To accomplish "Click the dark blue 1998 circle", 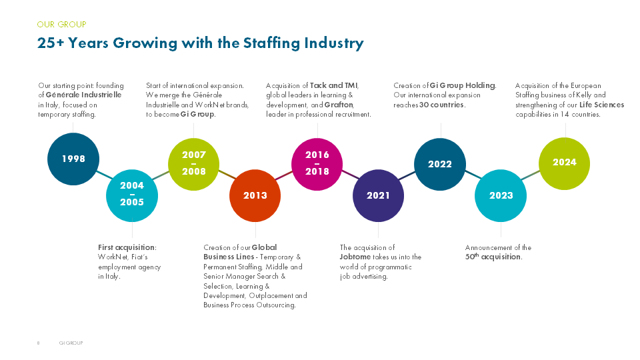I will point(73,159).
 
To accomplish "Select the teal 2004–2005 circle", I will point(132,194).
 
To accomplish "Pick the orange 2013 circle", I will point(255,195).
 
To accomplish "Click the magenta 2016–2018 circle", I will point(317,163).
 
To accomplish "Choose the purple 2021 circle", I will point(378,195).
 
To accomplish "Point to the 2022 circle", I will point(440,164).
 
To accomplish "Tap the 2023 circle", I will point(501,195).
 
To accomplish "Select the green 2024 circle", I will point(564,162).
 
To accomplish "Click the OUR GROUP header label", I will point(62,25).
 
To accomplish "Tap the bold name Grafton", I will point(339,105).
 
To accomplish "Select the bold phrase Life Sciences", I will point(601,105).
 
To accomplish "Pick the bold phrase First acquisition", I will point(127,247).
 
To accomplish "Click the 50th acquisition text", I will point(493,257).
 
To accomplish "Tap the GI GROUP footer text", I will point(71,343).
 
